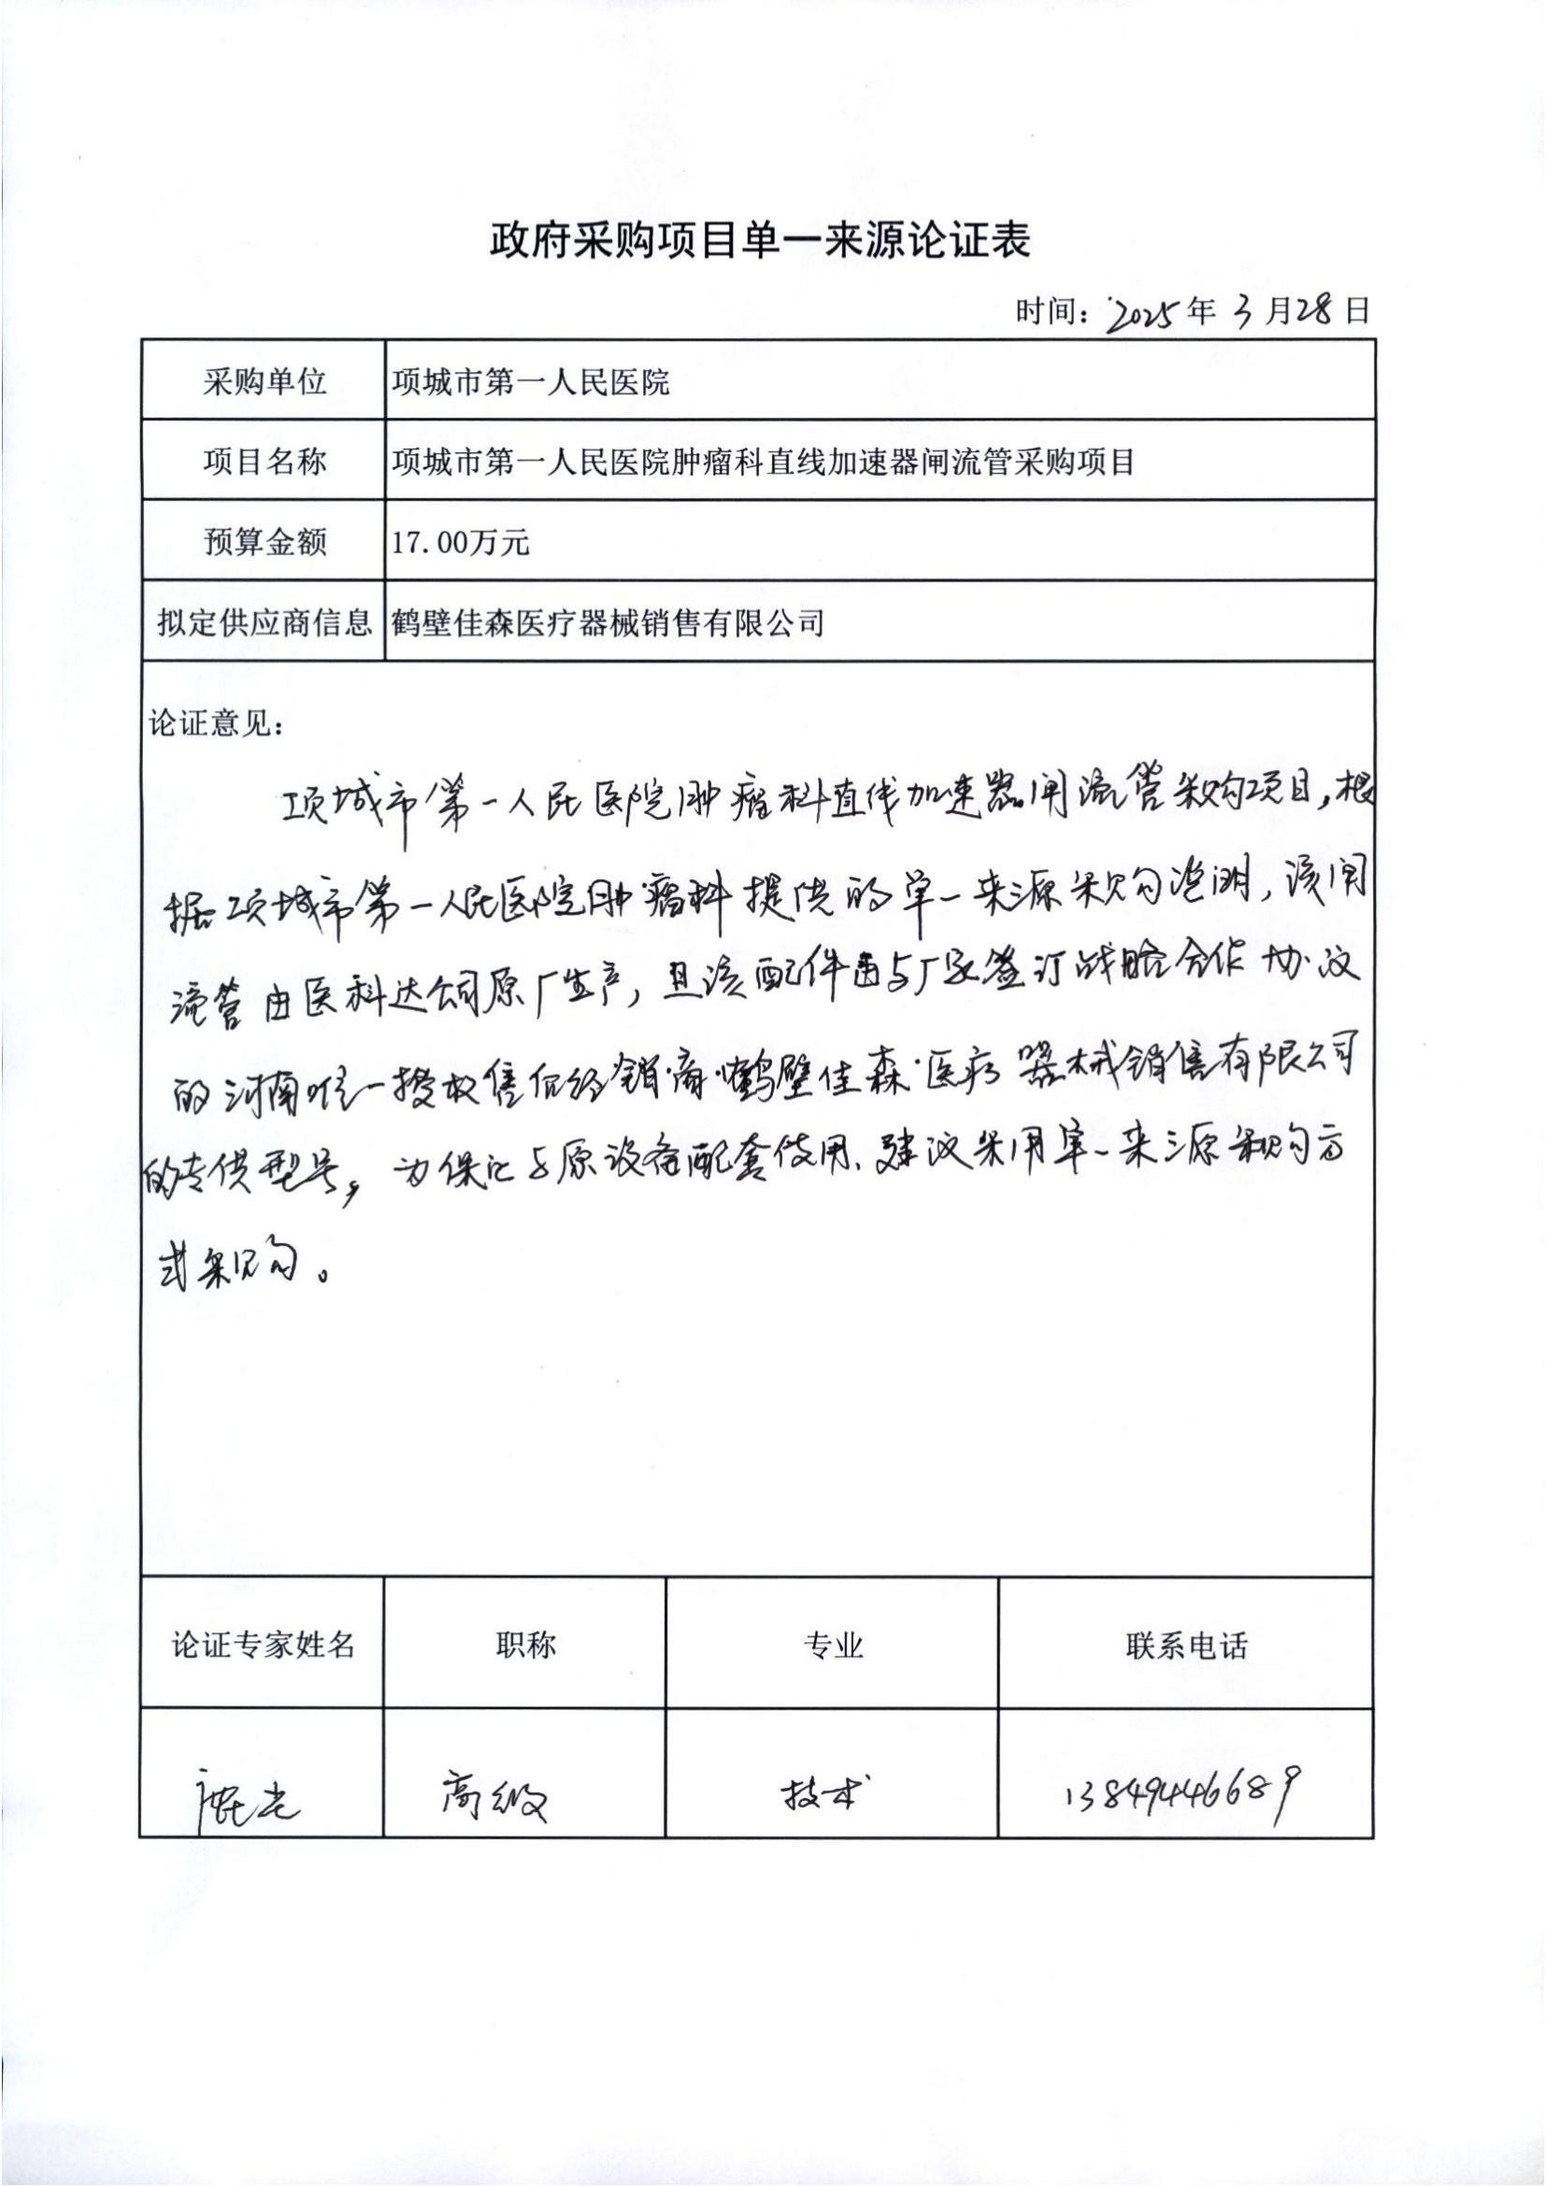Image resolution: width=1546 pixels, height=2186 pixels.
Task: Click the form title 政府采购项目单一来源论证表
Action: pos(760,242)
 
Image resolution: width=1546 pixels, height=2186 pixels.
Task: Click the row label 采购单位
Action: pos(264,382)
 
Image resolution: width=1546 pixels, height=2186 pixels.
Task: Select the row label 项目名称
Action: pos(264,462)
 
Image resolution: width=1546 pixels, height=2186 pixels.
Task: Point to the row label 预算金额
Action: pos(264,543)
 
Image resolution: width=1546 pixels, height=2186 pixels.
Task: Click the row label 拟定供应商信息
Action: pos(264,623)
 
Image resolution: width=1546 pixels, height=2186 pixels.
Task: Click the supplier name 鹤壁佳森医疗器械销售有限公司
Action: pos(607,623)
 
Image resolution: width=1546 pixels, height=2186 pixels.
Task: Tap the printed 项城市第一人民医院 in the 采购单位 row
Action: pos(530,383)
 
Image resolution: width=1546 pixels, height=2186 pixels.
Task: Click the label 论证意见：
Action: pos(215,723)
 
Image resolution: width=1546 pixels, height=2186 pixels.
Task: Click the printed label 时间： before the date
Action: pos(1052,311)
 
